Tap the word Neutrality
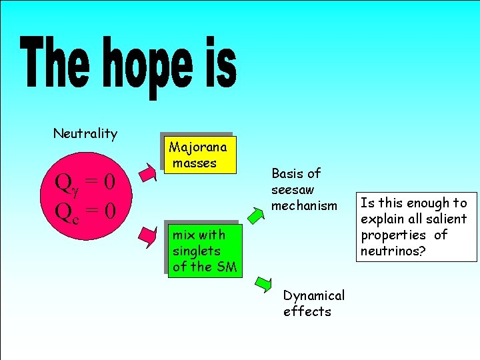click(x=85, y=133)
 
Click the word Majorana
click(x=198, y=147)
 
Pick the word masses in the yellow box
click(x=195, y=163)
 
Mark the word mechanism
click(x=304, y=205)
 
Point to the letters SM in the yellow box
click(x=227, y=267)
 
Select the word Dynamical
click(x=314, y=295)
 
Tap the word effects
click(x=307, y=311)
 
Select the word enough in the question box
click(x=423, y=203)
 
